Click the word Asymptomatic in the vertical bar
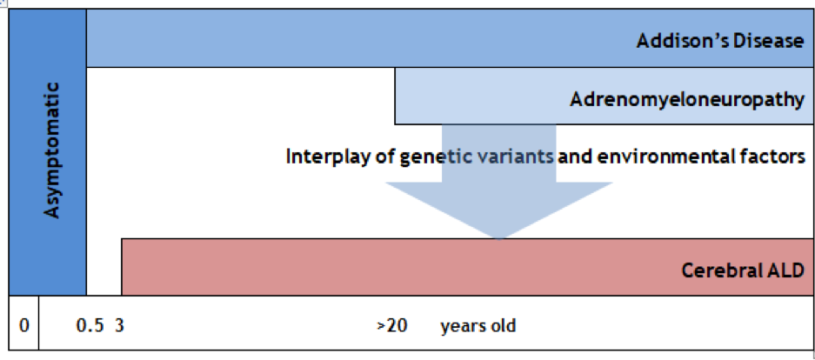click(52, 150)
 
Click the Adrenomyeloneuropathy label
click(687, 99)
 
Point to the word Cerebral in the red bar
click(715, 270)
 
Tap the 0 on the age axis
click(23, 326)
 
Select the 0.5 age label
click(90, 326)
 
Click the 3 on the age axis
click(119, 326)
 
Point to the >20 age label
click(392, 326)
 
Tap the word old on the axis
click(503, 326)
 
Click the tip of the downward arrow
click(499, 239)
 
